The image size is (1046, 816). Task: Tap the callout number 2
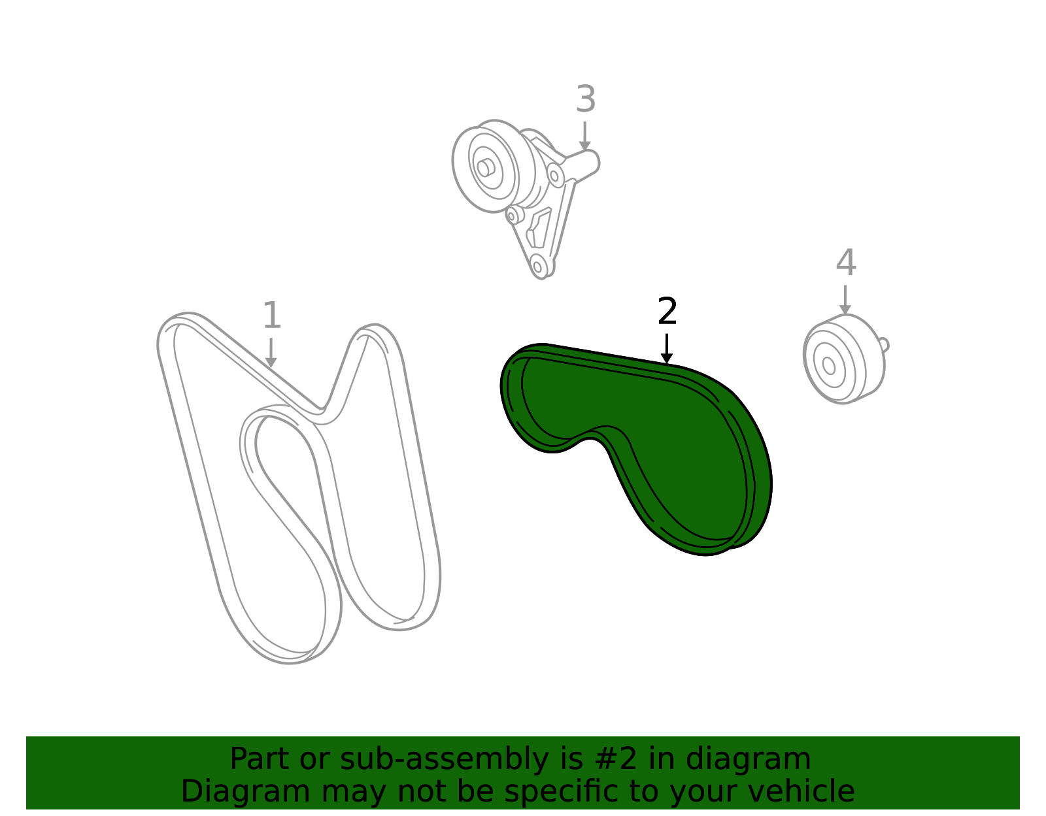pyautogui.click(x=667, y=311)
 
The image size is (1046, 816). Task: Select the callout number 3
pyautogui.click(x=586, y=99)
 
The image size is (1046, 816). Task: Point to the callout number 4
pyautogui.click(x=846, y=263)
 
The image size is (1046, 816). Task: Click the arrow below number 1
pyautogui.click(x=271, y=353)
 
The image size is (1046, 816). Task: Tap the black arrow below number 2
pyautogui.click(x=667, y=349)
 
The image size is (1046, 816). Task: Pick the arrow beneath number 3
pyautogui.click(x=585, y=136)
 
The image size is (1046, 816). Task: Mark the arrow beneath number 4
pyautogui.click(x=845, y=300)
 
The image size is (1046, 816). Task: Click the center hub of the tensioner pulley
pyautogui.click(x=485, y=168)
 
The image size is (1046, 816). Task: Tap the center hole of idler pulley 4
pyautogui.click(x=828, y=365)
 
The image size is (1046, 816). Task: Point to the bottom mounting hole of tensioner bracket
pyautogui.click(x=537, y=266)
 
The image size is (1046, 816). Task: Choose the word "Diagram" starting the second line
pyautogui.click(x=246, y=791)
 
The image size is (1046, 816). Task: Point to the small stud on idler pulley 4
pyautogui.click(x=885, y=345)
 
